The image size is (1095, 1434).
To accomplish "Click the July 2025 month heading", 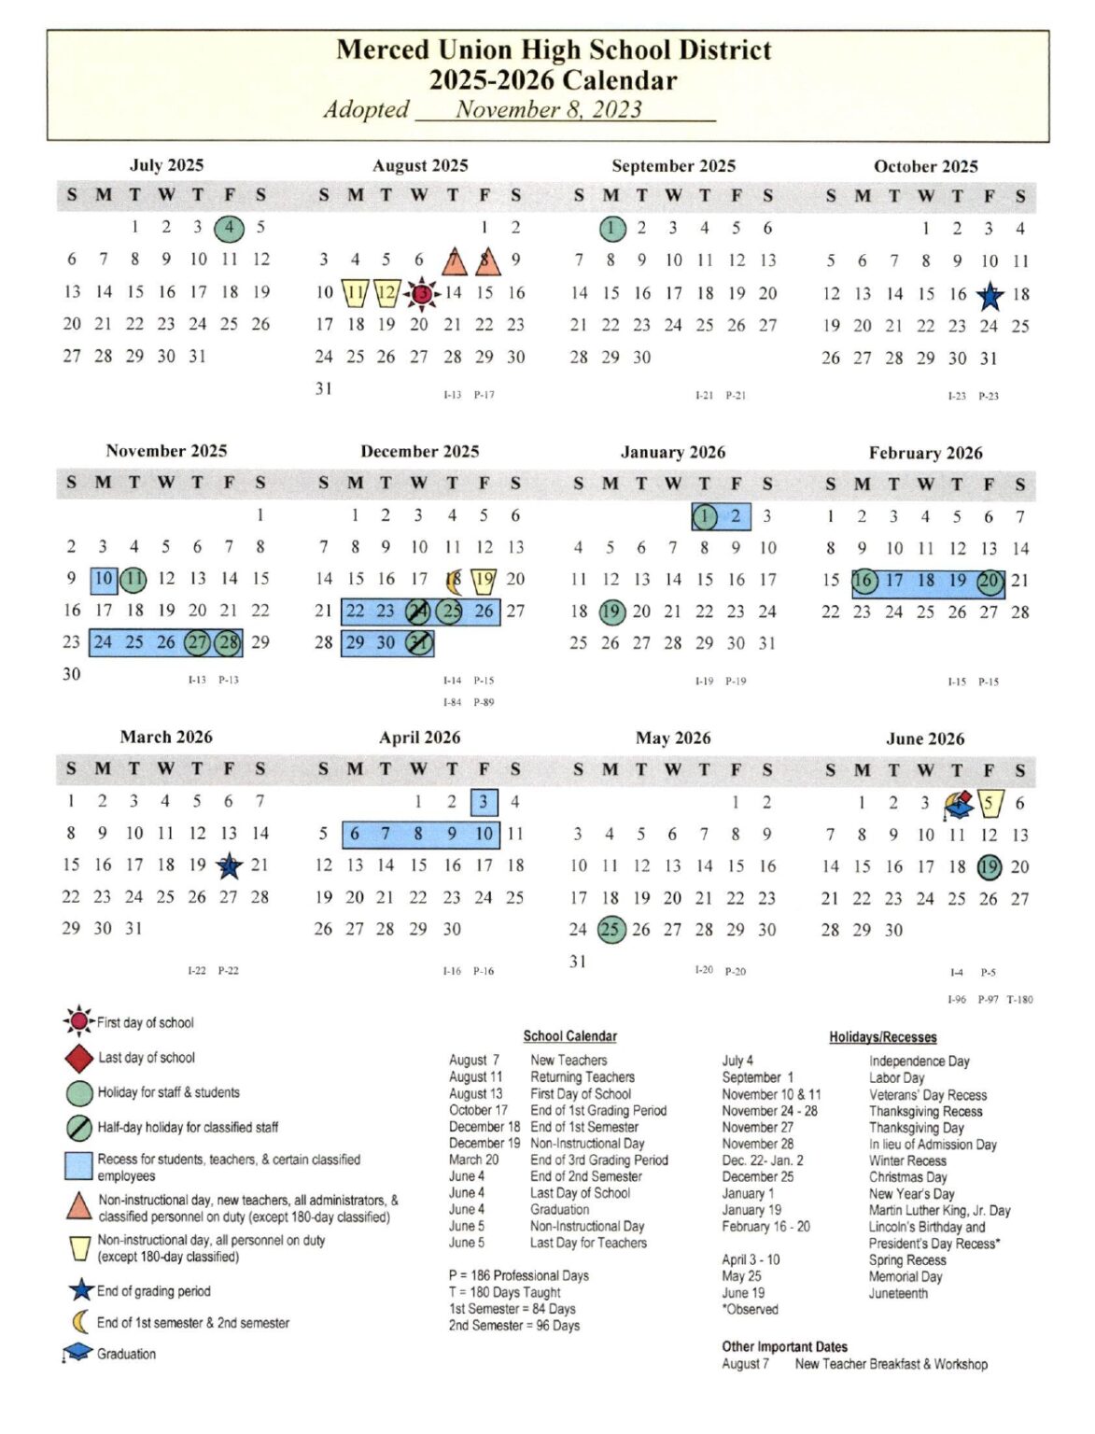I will (x=166, y=165).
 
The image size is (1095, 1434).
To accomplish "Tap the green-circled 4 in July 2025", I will (x=229, y=227).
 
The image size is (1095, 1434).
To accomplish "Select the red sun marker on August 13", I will (x=422, y=293).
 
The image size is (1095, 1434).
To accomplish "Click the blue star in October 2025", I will (x=990, y=296).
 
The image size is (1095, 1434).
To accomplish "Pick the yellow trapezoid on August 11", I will (x=355, y=293).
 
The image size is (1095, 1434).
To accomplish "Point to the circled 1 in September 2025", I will (x=611, y=228).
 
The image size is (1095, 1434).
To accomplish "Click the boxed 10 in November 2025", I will (x=104, y=579).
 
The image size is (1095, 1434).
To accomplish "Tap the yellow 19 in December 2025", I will (x=484, y=580).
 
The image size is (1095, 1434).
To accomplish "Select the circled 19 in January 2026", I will (x=611, y=612).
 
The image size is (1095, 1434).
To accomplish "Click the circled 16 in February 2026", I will (x=863, y=581).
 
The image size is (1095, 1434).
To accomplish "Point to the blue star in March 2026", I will (x=229, y=866).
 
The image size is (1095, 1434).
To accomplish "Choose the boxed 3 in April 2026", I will (x=484, y=802).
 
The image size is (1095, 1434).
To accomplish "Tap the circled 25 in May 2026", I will (x=611, y=930).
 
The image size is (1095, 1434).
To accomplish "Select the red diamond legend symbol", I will (x=78, y=1058).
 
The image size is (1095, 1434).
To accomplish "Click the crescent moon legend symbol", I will (x=80, y=1322).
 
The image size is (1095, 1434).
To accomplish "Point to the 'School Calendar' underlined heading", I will (x=569, y=1036).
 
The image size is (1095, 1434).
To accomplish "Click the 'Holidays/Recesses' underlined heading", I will (x=882, y=1037).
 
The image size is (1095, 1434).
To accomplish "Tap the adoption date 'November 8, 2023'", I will (x=548, y=110).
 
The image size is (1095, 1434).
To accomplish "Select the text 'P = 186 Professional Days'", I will (x=518, y=1275).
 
